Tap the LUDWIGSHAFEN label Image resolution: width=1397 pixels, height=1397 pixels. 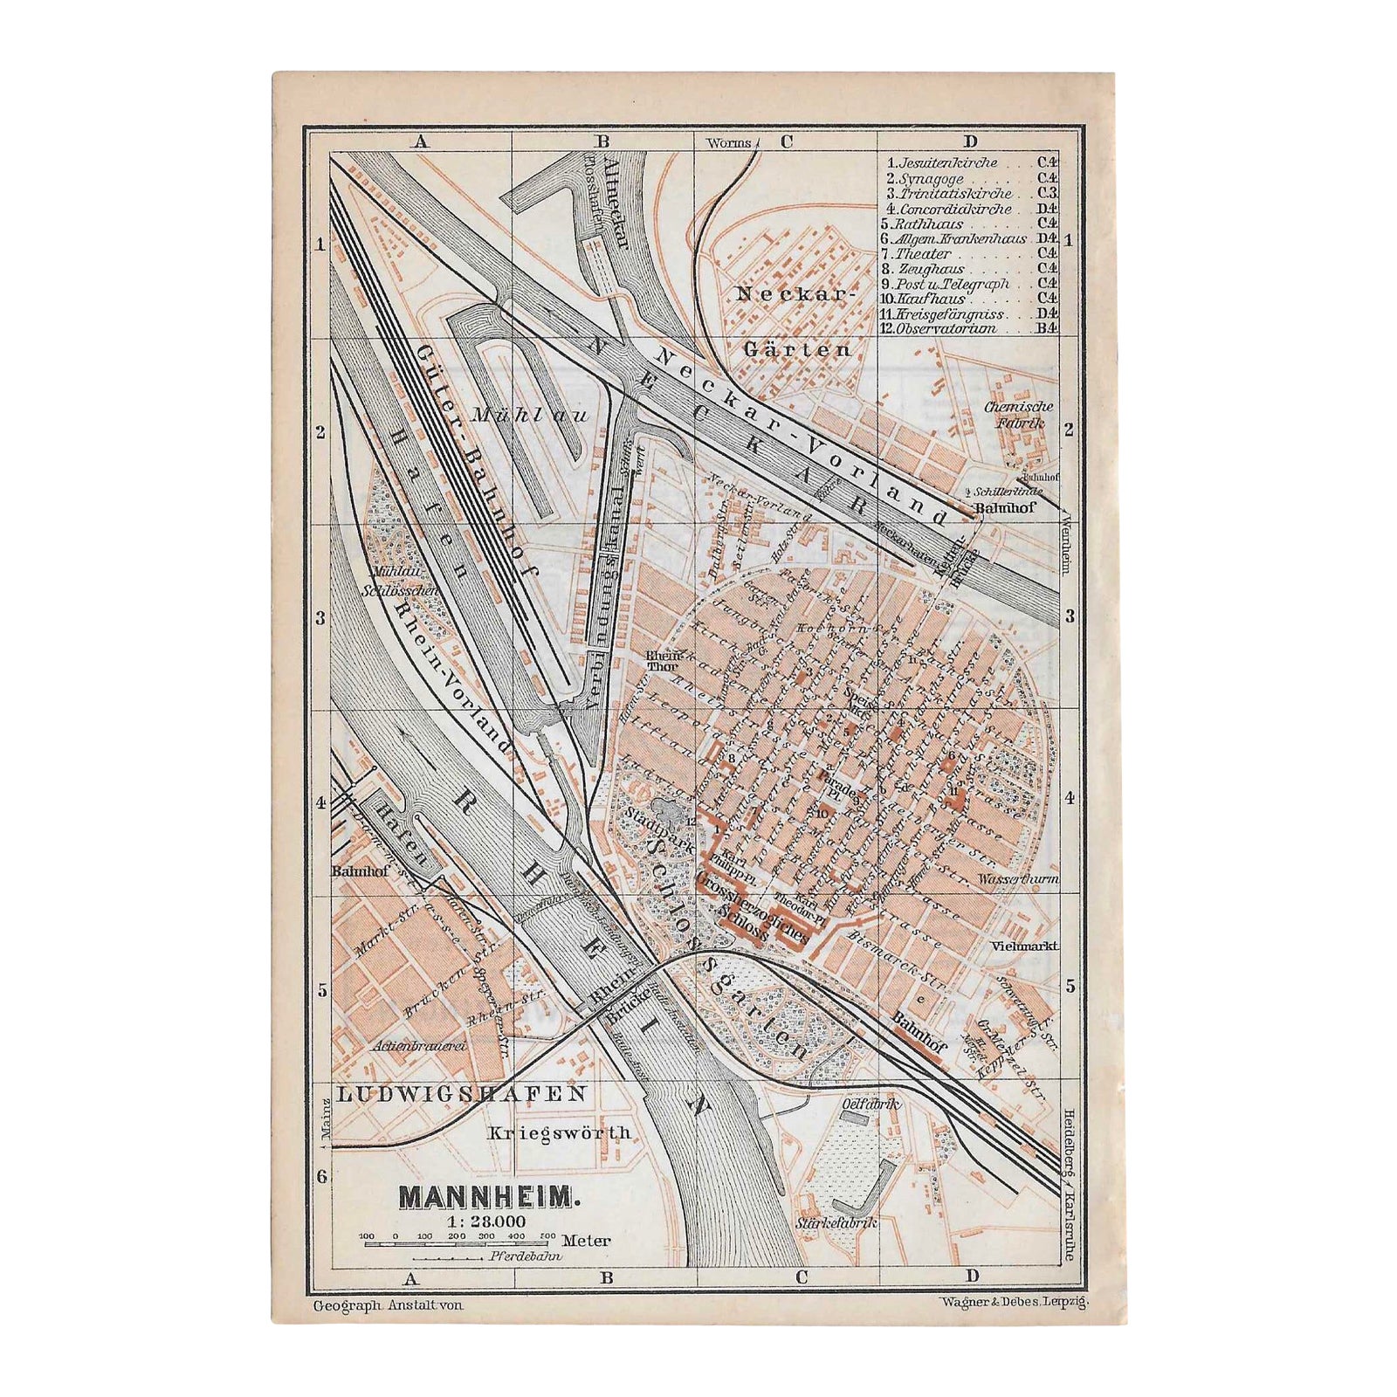click(462, 1093)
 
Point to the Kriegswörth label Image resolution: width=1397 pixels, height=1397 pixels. click(559, 1132)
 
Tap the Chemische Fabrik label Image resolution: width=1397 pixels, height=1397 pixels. click(1019, 415)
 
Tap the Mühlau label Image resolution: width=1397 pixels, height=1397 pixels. click(530, 416)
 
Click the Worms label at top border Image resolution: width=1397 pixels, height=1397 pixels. click(730, 142)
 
